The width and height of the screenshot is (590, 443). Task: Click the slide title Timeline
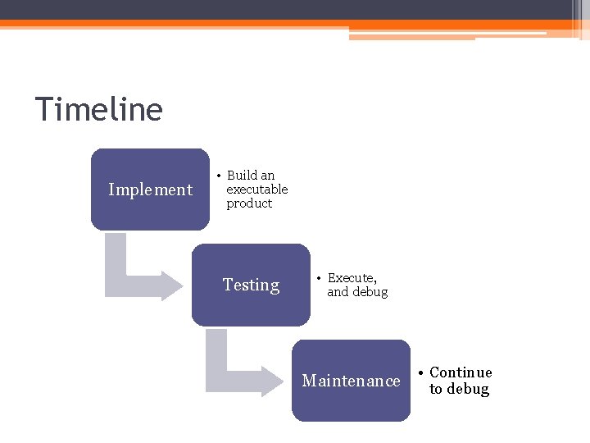99,109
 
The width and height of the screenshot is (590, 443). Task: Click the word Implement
150,190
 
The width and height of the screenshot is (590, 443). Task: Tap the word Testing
251,285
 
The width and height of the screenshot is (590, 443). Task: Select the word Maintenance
351,381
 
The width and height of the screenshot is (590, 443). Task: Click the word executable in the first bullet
257,189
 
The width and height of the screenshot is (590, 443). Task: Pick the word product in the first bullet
249,203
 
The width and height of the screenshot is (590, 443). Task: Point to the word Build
242,175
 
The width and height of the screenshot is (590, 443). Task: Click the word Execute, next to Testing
352,278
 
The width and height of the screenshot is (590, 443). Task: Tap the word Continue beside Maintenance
461,372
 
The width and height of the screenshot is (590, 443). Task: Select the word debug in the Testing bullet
370,292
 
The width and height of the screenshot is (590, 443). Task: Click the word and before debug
338,292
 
